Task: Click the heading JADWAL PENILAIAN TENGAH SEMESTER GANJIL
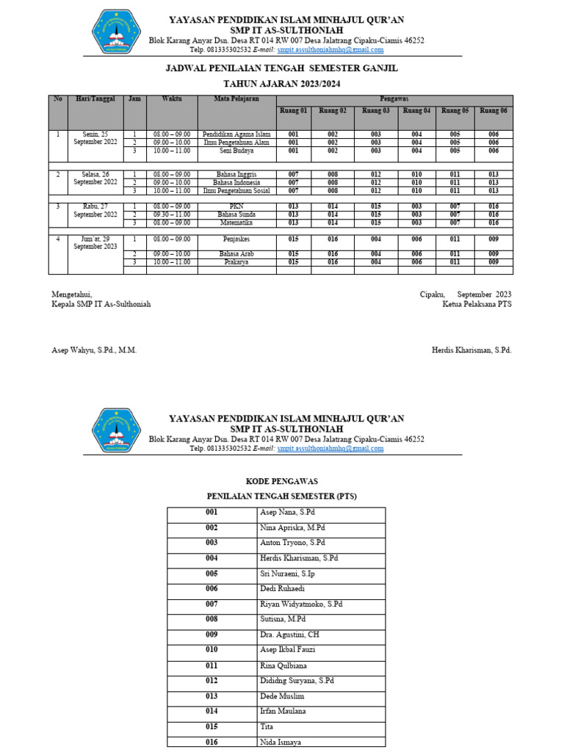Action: point(282,68)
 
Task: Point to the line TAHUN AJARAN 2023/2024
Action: point(282,84)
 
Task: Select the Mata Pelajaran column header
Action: point(236,98)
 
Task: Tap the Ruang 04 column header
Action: point(416,111)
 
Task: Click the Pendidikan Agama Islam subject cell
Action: point(236,134)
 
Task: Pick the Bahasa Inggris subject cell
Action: point(236,175)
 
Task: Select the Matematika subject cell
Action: point(236,223)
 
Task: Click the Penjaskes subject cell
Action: point(236,239)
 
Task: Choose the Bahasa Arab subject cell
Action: point(236,254)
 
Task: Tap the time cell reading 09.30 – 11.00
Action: point(172,214)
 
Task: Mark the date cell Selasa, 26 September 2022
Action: point(95,178)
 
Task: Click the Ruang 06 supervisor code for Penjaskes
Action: point(493,239)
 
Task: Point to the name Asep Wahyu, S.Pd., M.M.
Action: point(94,350)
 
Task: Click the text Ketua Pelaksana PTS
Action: point(477,304)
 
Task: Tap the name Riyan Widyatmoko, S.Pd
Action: point(302,604)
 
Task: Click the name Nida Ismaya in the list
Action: point(281,742)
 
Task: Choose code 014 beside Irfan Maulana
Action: point(211,711)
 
